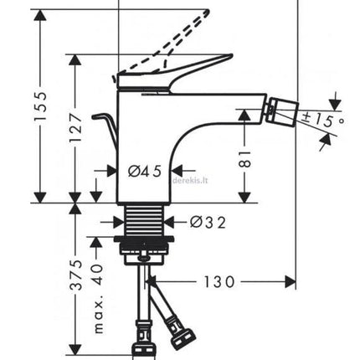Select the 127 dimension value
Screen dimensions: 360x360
[75, 126]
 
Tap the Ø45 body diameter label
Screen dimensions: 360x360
[145, 171]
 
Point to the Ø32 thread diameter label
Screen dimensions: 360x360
[208, 223]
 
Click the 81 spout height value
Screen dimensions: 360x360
[245, 159]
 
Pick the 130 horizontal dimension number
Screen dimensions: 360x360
[219, 282]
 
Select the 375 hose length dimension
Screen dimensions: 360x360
[76, 275]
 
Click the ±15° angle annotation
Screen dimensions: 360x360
[323, 120]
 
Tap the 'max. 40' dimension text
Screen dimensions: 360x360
[98, 299]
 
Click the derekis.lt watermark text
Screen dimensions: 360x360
[191, 180]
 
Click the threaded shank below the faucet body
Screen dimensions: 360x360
[145, 220]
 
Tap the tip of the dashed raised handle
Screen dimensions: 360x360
[208, 11]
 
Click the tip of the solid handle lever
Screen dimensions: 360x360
[231, 54]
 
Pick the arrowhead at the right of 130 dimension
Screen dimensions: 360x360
[291, 282]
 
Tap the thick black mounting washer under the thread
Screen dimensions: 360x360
[144, 239]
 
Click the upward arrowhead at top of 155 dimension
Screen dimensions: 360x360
[40, 14]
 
